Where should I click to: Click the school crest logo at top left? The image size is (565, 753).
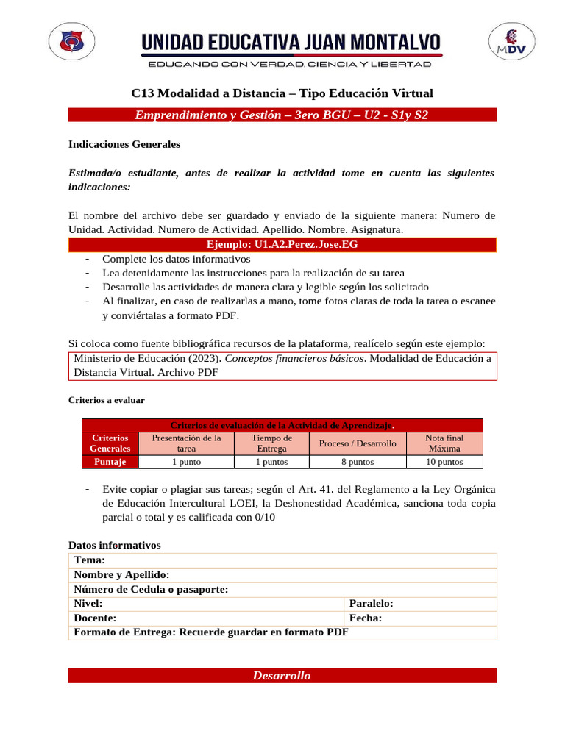coord(71,45)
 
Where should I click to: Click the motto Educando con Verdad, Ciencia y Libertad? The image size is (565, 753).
coord(290,65)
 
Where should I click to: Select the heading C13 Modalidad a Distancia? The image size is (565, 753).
coord(282,93)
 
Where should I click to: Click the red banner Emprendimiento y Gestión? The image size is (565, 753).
coord(282,115)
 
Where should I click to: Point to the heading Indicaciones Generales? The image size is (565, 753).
coord(124,145)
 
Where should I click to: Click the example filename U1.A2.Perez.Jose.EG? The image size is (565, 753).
coord(282,244)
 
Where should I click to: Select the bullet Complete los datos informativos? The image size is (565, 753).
coord(177,259)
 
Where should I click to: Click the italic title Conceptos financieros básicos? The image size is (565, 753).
coord(294,358)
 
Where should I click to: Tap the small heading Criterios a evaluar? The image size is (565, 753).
coord(107,400)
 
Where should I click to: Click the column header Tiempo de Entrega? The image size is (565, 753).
coord(271,443)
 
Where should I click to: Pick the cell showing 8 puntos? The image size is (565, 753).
coord(358,462)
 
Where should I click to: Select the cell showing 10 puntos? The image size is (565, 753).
coord(444,462)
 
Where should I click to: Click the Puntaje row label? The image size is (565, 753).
coord(110,462)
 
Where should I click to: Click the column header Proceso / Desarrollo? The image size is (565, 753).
coord(358,443)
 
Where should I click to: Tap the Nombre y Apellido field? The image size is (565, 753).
coord(122,574)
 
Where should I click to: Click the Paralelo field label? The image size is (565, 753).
coord(372,603)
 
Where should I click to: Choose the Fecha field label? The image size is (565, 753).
coord(366,618)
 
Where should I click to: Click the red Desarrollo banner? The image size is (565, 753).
coord(282,676)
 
